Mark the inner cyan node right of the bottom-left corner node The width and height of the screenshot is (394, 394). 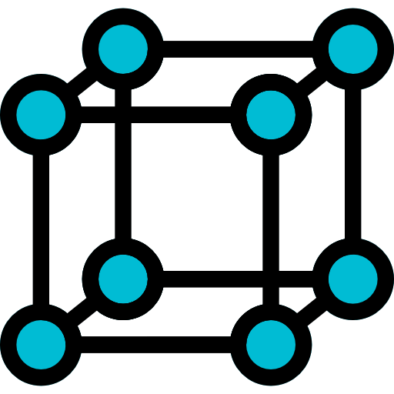[x=123, y=277]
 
